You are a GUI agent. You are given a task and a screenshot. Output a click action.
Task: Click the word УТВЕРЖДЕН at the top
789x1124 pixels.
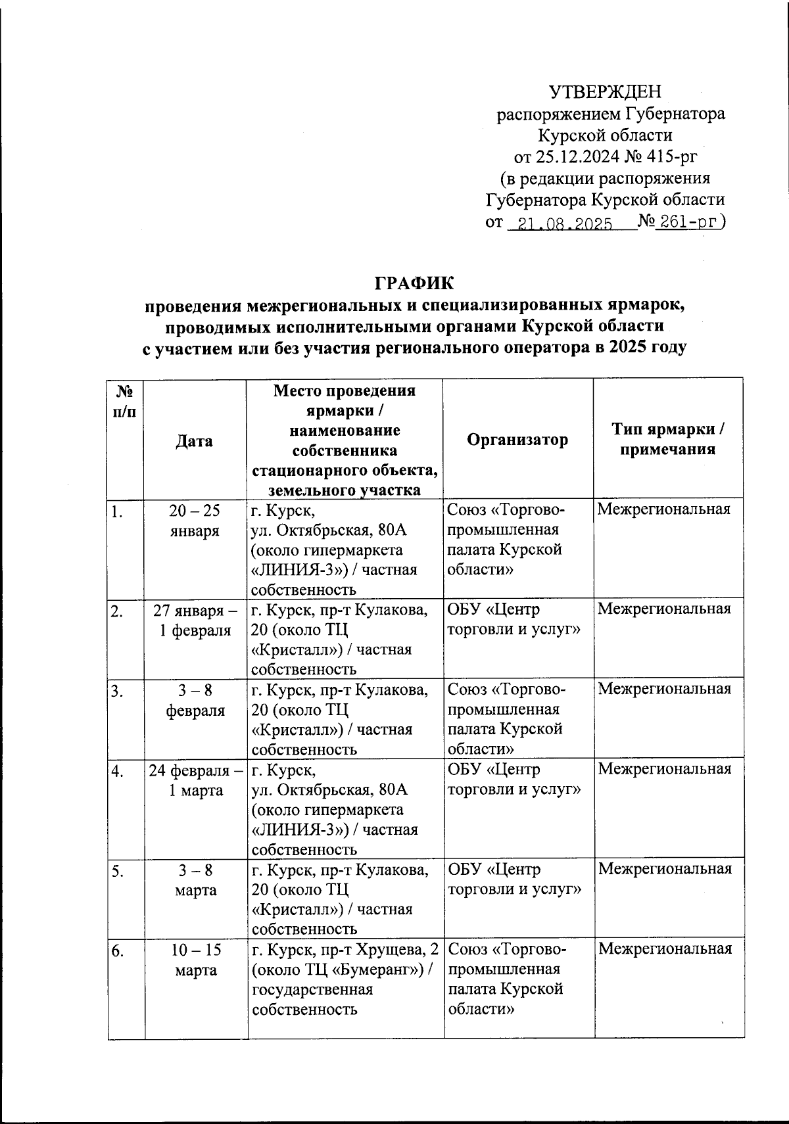point(605,91)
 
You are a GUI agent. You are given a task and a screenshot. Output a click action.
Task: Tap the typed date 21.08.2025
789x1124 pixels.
point(565,224)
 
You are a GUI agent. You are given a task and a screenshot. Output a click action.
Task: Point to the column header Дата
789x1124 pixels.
point(194,440)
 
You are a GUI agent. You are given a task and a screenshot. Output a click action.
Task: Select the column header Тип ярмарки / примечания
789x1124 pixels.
point(668,439)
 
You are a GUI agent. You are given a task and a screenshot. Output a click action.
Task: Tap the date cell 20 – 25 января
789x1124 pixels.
point(195,521)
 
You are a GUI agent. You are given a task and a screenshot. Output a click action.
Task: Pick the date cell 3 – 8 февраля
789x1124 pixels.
point(195,700)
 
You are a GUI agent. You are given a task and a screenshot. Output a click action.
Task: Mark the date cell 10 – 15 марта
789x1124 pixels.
point(196,960)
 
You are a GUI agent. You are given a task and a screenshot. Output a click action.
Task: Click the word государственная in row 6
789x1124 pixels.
point(312,989)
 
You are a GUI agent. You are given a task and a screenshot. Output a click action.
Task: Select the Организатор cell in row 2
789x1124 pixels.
point(514,619)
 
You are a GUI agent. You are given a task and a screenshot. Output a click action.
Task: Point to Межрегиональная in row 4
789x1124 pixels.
point(664,769)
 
